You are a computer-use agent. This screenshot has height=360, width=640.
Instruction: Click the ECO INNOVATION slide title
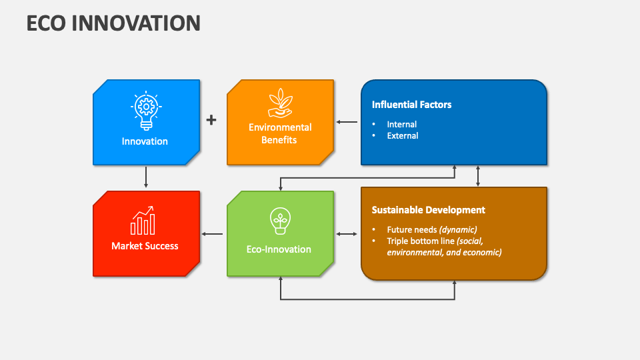pyautogui.click(x=113, y=23)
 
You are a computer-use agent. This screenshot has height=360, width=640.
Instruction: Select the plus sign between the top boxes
pyautogui.click(x=211, y=120)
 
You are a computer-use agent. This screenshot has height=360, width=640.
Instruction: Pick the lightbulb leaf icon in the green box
pyautogui.click(x=279, y=220)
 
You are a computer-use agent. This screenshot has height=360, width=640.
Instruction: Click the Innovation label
pyautogui.click(x=145, y=141)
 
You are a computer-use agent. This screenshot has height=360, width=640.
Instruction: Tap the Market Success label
pyautogui.click(x=145, y=246)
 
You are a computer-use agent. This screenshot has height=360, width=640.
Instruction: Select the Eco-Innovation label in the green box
pyautogui.click(x=279, y=249)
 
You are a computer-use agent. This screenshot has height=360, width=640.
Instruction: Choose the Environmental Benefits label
pyautogui.click(x=279, y=133)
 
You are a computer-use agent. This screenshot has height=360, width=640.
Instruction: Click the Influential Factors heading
pyautogui.click(x=411, y=105)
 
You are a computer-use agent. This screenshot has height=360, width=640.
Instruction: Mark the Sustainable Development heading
pyautogui.click(x=428, y=210)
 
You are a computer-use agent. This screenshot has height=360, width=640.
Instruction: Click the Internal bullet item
pyautogui.click(x=401, y=125)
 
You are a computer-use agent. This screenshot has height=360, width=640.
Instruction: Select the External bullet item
pyautogui.click(x=402, y=136)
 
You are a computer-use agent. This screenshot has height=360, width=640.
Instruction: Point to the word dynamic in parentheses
pyautogui.click(x=458, y=230)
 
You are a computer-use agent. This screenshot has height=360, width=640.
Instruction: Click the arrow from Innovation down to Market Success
pyautogui.click(x=146, y=177)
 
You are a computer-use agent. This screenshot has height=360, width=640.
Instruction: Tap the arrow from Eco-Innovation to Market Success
pyautogui.click(x=213, y=234)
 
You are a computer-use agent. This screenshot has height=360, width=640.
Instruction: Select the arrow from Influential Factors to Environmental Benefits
pyautogui.click(x=347, y=122)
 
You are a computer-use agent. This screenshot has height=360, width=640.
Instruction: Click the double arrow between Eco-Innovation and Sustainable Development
pyautogui.click(x=347, y=234)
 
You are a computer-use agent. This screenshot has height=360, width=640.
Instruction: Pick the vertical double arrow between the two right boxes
pyautogui.click(x=478, y=176)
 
